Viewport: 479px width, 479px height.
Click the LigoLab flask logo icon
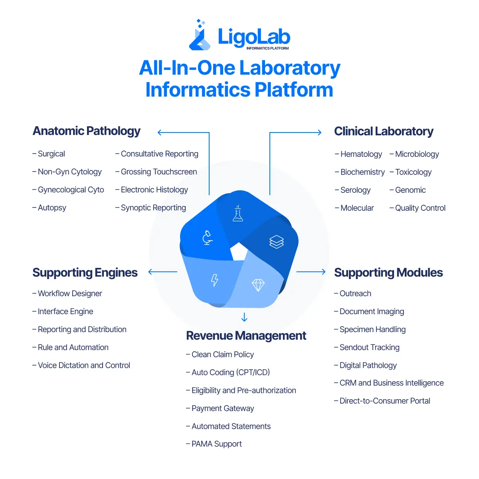[x=200, y=37]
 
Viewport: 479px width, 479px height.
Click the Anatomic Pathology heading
[x=87, y=131]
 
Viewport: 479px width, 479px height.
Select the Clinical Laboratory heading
[x=384, y=131]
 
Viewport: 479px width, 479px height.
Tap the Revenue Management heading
[x=246, y=336]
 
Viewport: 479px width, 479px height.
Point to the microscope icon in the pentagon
[x=207, y=238]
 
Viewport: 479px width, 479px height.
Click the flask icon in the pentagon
[x=238, y=214]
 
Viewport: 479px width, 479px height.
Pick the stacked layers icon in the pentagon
[x=277, y=241]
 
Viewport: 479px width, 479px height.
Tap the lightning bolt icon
[x=215, y=280]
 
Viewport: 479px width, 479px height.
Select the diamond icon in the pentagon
[x=258, y=285]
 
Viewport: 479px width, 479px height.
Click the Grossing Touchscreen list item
[x=158, y=172]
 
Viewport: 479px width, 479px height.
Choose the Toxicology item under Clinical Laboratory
[x=413, y=172]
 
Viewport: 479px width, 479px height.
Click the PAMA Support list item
[x=216, y=444]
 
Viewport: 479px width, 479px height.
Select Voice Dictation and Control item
[x=84, y=365]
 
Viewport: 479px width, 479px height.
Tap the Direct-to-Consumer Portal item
[x=384, y=401]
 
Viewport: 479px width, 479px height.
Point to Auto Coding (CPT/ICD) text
[x=230, y=372]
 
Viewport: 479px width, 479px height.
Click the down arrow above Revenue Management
[x=244, y=318]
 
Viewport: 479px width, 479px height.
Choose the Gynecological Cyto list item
[x=71, y=190]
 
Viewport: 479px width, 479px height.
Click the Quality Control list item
[x=420, y=208]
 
